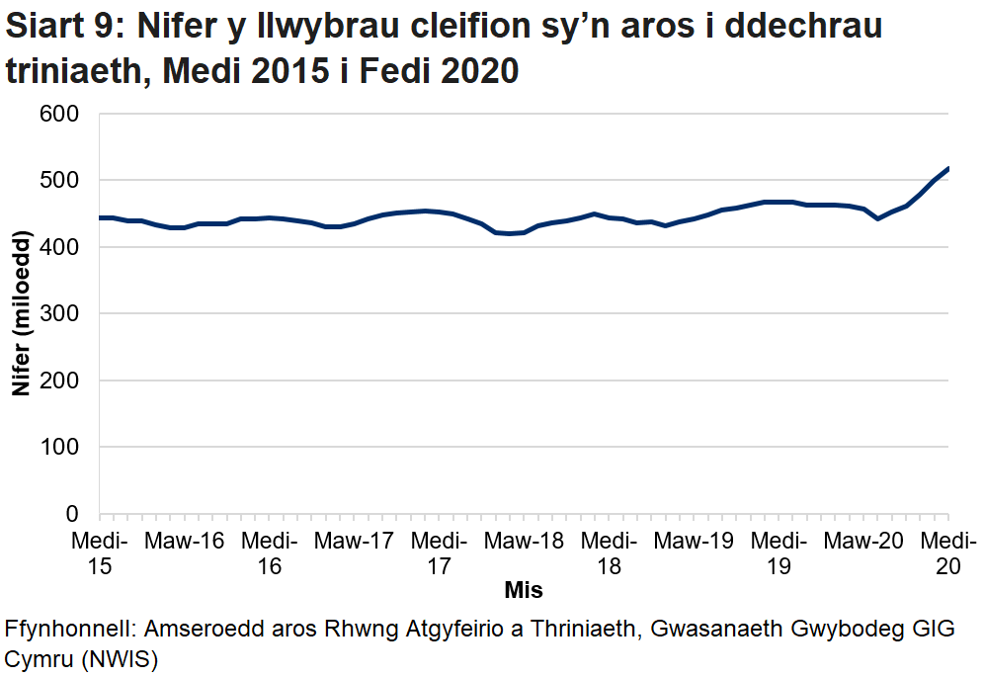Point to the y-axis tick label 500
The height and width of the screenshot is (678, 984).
pyautogui.click(x=61, y=181)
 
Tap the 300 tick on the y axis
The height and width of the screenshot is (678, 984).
pyautogui.click(x=61, y=314)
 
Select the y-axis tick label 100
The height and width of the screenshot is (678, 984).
pyautogui.click(x=61, y=448)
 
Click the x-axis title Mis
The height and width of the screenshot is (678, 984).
pyautogui.click(x=524, y=590)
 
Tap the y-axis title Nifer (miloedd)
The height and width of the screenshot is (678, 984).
pyautogui.click(x=21, y=314)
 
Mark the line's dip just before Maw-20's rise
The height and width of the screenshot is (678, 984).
pyautogui.click(x=878, y=218)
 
